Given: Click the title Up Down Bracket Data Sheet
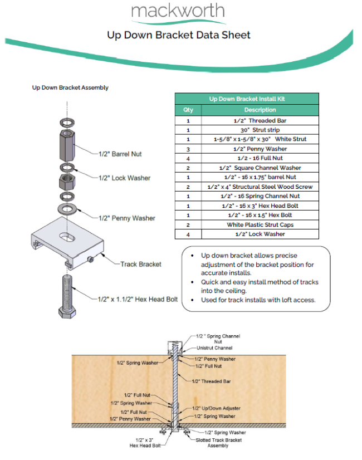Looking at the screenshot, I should pos(179,35).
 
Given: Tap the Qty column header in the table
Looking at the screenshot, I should pos(188,110).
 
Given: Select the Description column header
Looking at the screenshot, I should pos(260,110).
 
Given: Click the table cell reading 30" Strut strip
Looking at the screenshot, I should pos(260,130).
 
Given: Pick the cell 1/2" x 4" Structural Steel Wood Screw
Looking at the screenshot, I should pos(260,187).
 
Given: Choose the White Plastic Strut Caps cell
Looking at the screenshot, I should pos(260,224).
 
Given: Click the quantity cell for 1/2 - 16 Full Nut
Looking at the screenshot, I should pos(188,158).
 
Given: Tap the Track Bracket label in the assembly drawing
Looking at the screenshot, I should pos(140,264).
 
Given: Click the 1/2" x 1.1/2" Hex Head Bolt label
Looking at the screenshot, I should pos(138,300).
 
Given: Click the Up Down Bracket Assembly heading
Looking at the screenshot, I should pos(70,87).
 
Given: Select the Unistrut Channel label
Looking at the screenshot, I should pos(214,348).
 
